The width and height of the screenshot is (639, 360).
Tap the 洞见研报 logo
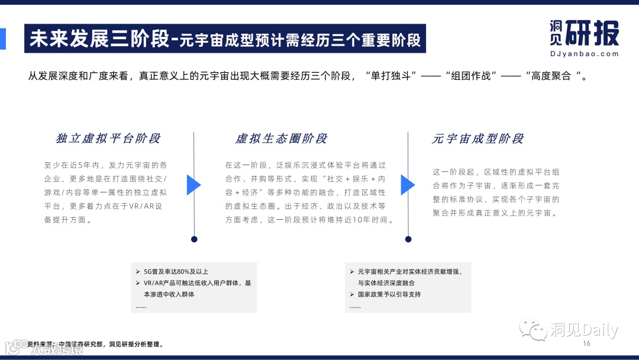point(584,33)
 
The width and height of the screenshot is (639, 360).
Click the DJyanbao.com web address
point(584,53)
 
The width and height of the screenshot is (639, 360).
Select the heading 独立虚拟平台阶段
point(108,139)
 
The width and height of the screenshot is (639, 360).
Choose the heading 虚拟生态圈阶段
point(281,139)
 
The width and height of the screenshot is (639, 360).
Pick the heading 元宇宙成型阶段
point(478,139)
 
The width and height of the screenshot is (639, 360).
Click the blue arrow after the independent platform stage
point(193,185)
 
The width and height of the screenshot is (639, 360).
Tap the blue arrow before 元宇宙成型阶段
point(408,185)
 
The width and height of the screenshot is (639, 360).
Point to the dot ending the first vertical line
point(194,239)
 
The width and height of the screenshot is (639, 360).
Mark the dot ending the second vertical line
point(408,239)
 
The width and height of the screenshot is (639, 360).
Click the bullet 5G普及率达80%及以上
point(176,271)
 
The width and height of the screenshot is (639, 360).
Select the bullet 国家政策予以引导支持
point(389,294)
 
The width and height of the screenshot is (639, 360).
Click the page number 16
point(587,343)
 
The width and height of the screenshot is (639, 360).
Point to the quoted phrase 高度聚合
point(554,76)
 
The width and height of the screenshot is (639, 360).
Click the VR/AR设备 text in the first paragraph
point(147,206)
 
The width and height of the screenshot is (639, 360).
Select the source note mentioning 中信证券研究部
point(95,344)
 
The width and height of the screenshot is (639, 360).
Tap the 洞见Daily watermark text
point(583,330)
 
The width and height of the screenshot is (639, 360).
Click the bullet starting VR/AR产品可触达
point(197,283)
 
